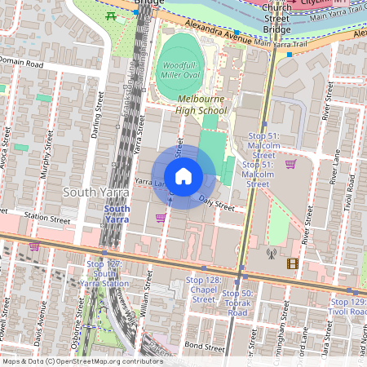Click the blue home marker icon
pyautogui.click(x=183, y=176)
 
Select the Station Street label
pyautogui.click(x=49, y=218)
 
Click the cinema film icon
pyautogui.click(x=292, y=263)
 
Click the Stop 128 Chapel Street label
pyautogui.click(x=203, y=290)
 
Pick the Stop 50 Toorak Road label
pyautogui.click(x=238, y=303)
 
